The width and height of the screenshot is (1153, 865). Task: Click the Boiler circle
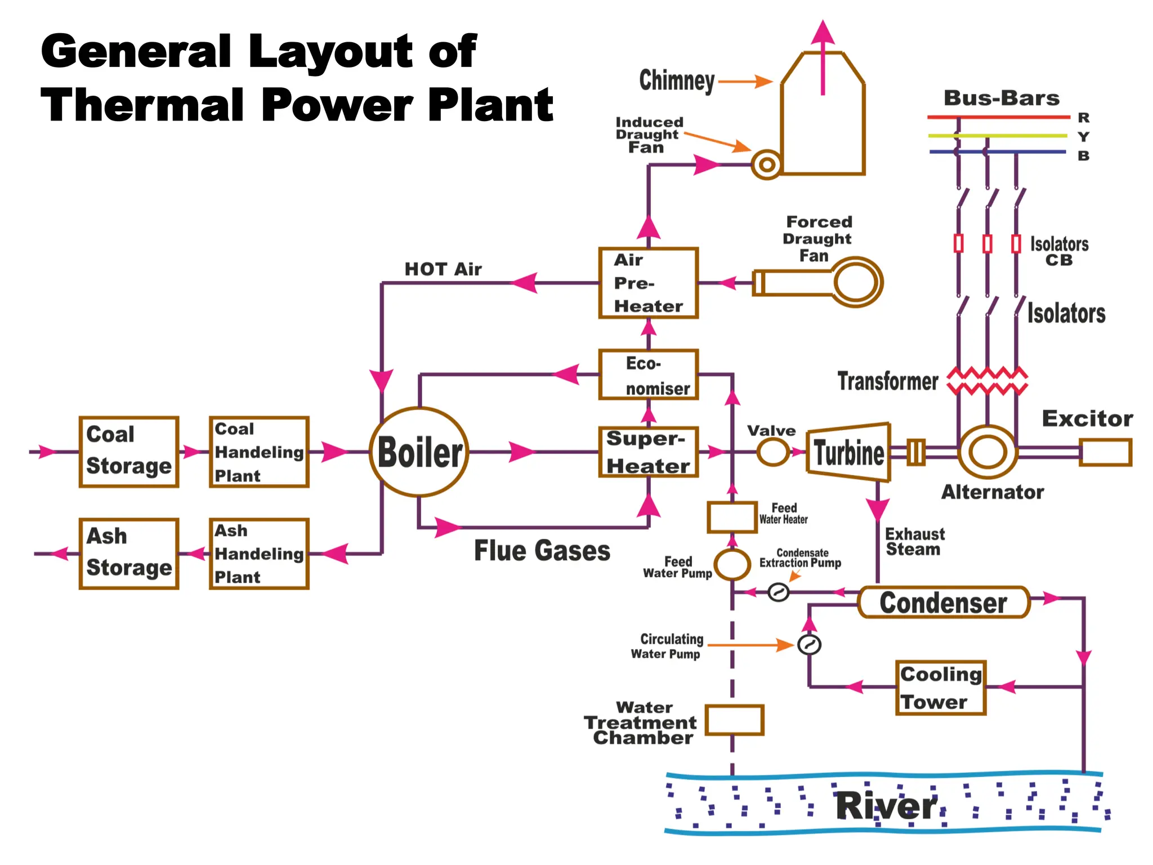click(419, 452)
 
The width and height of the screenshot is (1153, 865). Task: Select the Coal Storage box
click(129, 452)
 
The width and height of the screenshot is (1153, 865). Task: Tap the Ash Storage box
click(129, 554)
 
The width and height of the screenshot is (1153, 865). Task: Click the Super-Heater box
click(648, 452)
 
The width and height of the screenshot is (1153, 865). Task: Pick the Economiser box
click(648, 374)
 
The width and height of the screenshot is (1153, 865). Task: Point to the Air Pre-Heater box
click(648, 283)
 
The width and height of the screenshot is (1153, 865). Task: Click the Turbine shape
click(848, 452)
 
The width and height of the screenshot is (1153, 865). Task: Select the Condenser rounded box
click(943, 603)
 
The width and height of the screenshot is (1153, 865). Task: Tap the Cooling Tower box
click(940, 688)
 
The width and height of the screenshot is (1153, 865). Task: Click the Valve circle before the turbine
click(773, 452)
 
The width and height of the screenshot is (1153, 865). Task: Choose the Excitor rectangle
click(1105, 453)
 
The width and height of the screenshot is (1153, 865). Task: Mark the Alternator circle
click(987, 452)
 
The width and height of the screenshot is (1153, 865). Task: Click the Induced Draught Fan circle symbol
click(766, 165)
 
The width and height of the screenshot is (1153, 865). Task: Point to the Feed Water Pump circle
click(732, 564)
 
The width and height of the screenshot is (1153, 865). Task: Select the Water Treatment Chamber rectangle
click(734, 720)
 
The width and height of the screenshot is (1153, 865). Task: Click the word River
click(886, 806)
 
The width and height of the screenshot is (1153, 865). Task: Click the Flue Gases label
click(542, 550)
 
